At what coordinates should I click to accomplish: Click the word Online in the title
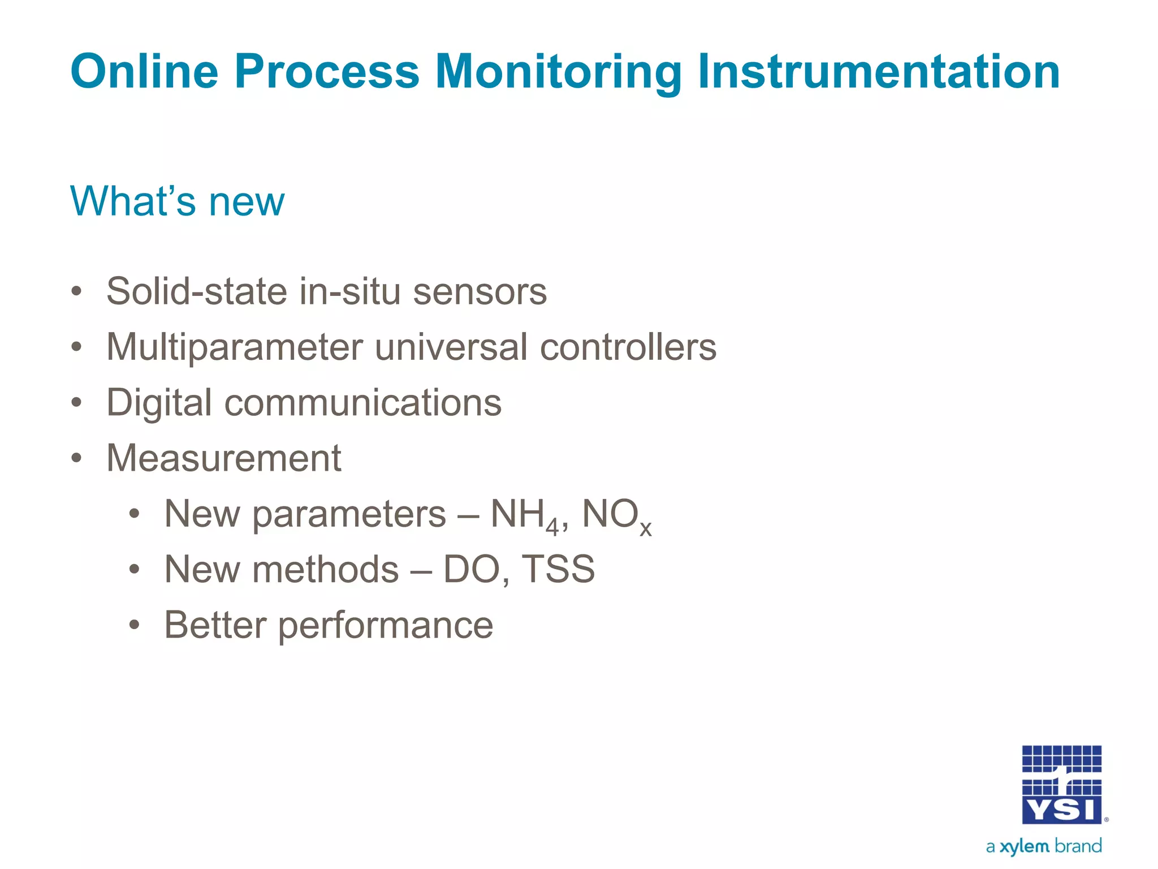click(x=144, y=71)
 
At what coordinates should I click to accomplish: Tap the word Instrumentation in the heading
click(x=878, y=71)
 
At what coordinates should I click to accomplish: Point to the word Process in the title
click(x=326, y=71)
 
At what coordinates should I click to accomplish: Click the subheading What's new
click(x=177, y=201)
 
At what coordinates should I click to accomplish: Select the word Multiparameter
click(x=234, y=347)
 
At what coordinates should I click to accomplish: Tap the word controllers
click(x=628, y=347)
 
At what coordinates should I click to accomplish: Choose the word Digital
click(x=159, y=403)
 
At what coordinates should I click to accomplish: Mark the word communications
click(x=362, y=403)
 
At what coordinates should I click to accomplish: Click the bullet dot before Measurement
click(x=76, y=458)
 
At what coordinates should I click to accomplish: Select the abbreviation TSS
click(x=558, y=569)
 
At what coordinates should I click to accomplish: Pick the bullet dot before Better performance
click(x=134, y=625)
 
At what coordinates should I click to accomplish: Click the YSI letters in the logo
click(x=1061, y=811)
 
